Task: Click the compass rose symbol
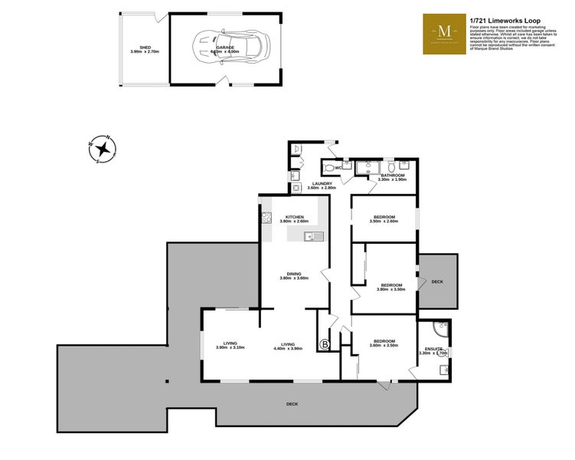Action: tap(101, 149)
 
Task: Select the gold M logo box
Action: tap(444, 34)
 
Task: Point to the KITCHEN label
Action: tap(295, 217)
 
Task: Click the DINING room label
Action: tap(294, 274)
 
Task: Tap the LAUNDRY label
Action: tap(322, 183)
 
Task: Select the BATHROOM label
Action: tap(393, 175)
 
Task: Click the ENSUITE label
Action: tap(434, 349)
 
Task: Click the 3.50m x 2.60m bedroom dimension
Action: tap(383, 222)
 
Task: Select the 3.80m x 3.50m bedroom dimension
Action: tap(390, 290)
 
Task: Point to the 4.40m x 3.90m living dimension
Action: tap(288, 349)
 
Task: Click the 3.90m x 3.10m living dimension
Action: tap(230, 349)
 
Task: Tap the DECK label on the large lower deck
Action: tap(292, 404)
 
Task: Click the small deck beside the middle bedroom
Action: tap(438, 281)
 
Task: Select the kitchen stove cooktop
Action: tap(267, 218)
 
